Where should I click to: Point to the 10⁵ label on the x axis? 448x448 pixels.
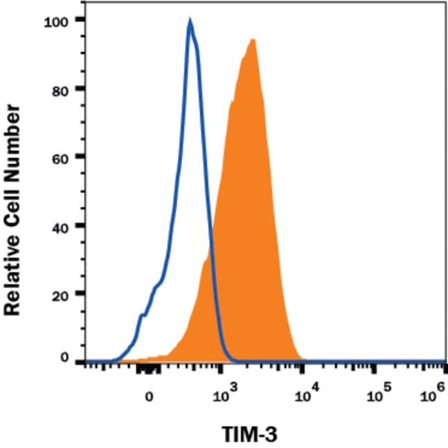coord(376,394)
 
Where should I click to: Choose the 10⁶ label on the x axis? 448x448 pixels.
coord(431,394)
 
